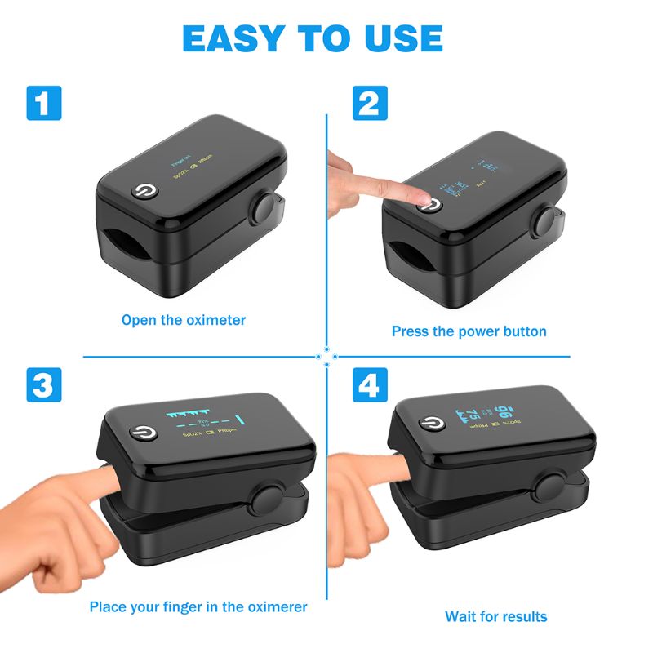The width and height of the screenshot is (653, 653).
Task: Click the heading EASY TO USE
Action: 313,38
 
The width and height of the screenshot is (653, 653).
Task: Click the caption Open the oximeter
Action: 184,320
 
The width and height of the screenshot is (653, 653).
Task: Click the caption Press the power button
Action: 469,331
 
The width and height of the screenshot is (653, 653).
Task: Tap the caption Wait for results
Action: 496,616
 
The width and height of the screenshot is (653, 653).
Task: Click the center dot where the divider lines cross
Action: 326,357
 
